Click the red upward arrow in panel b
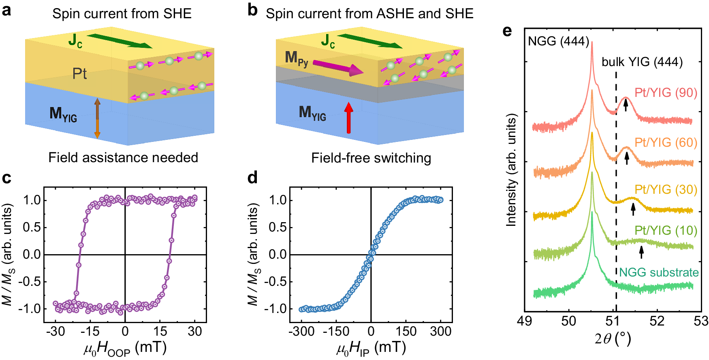[x=348, y=118]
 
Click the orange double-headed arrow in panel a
[x=97, y=118]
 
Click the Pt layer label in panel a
[x=79, y=74]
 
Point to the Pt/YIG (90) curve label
[x=666, y=92]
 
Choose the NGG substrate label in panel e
[x=659, y=272]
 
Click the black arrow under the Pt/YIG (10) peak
[x=641, y=252]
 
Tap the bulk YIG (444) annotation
[x=642, y=62]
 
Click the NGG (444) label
[x=558, y=41]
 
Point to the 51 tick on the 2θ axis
[x=613, y=321]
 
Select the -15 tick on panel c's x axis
[x=90, y=331]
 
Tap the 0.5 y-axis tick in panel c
[x=32, y=227]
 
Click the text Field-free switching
[x=371, y=158]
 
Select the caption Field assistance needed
[x=123, y=157]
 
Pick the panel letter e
[x=507, y=31]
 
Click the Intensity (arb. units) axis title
[x=511, y=170]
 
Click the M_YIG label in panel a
[x=63, y=114]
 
